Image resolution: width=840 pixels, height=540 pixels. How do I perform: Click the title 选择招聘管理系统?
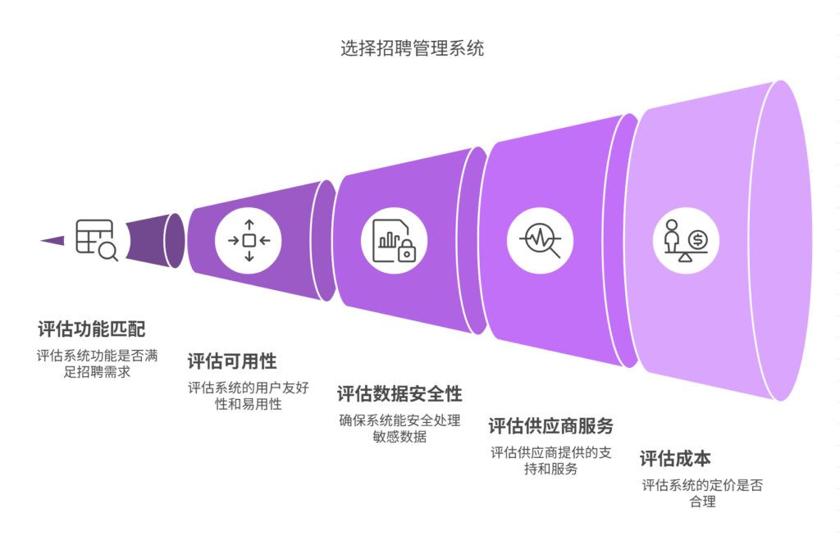click(x=412, y=48)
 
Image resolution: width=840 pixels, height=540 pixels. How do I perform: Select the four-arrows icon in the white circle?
click(x=249, y=240)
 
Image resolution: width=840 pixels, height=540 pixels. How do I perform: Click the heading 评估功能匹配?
click(x=91, y=329)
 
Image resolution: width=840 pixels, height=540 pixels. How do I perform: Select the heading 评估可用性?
click(x=232, y=361)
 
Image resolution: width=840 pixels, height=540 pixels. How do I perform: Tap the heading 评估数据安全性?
click(x=399, y=393)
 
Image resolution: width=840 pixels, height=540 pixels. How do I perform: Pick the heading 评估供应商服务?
click(x=550, y=426)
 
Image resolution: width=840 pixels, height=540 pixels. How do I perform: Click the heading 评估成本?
click(x=675, y=459)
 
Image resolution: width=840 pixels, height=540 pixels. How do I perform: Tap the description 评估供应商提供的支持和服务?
click(x=550, y=461)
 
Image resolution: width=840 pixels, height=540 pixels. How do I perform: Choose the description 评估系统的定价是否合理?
click(x=702, y=493)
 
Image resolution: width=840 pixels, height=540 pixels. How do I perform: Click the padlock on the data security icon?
click(x=405, y=253)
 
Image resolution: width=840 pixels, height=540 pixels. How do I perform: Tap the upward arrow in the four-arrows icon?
click(x=249, y=225)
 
